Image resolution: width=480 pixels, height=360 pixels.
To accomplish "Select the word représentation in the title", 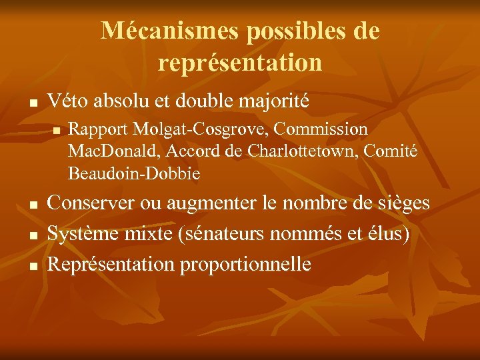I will click(240, 63).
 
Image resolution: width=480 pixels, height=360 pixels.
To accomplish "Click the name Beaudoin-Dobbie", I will click(133, 175).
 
